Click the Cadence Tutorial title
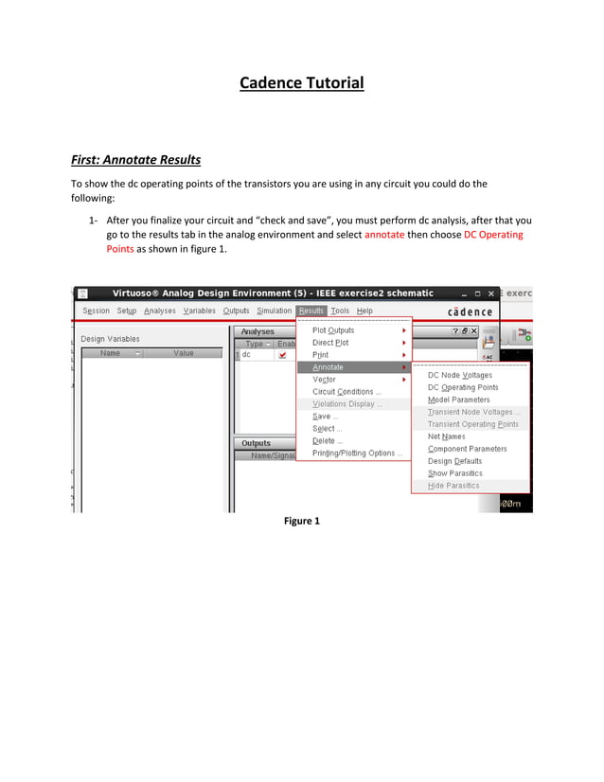(301, 83)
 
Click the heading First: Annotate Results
(136, 159)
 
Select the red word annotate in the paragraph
(384, 234)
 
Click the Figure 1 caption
(301, 521)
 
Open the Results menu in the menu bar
(311, 311)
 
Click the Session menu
(96, 311)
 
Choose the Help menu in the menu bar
(364, 311)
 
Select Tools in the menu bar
(340, 311)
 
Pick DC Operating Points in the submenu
(463, 387)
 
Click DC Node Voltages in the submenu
(460, 375)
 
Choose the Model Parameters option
(459, 400)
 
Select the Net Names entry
(447, 436)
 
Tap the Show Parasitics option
(455, 473)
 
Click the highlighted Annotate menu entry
(329, 366)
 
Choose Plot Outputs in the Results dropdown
(333, 330)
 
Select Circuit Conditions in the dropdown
(346, 392)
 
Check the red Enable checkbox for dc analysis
(282, 355)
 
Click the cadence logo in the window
(470, 311)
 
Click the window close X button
(492, 293)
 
